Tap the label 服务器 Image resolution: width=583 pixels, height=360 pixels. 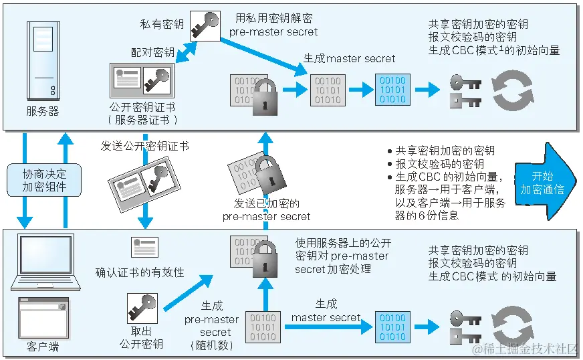43,112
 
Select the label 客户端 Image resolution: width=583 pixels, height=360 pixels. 43,347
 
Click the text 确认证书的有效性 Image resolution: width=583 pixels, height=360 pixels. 140,272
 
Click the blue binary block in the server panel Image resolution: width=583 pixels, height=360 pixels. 391,90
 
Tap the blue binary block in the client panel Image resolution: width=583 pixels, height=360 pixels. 391,327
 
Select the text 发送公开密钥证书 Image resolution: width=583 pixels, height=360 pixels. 144,145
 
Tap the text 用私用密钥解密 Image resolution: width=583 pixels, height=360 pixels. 273,18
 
